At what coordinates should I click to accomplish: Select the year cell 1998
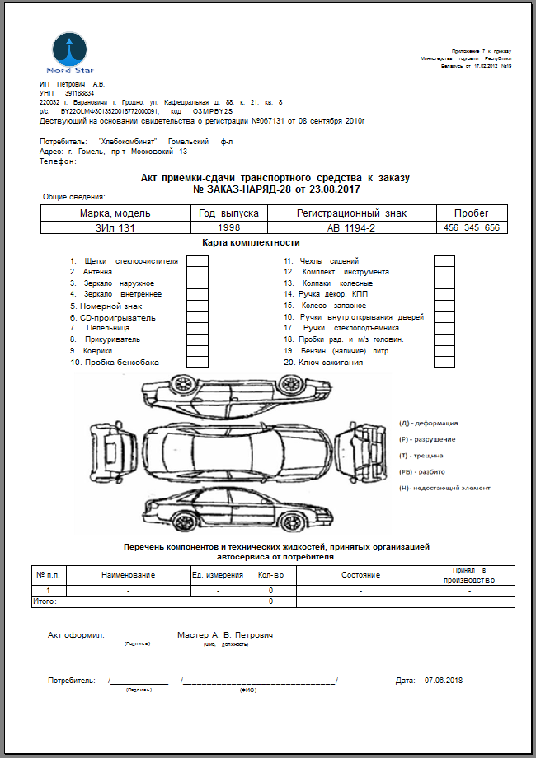coord(228,227)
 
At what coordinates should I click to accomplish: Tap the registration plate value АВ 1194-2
coord(350,227)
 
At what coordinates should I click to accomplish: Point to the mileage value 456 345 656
coord(472,227)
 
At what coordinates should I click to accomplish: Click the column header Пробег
coord(472,213)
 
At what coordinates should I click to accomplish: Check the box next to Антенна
coord(197,272)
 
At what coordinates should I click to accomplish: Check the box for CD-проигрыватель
coord(197,317)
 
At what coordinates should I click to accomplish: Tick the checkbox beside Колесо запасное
coord(444,306)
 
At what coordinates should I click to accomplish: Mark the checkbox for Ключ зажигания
coord(444,363)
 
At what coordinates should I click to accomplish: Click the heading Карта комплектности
coord(251,243)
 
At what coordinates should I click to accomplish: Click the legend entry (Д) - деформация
coord(428,423)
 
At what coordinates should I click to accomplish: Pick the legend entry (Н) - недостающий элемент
coord(444,488)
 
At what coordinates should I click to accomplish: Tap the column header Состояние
coord(360,575)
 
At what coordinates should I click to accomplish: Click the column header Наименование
coord(128,575)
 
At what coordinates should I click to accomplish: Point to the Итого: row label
coord(45,602)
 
